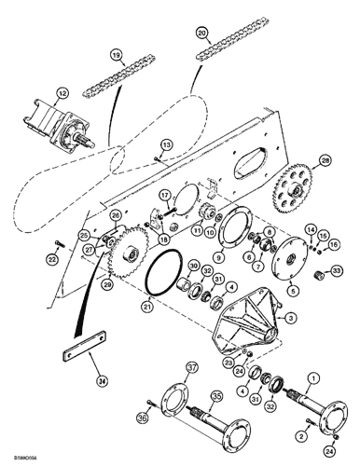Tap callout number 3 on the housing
(292, 319)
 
